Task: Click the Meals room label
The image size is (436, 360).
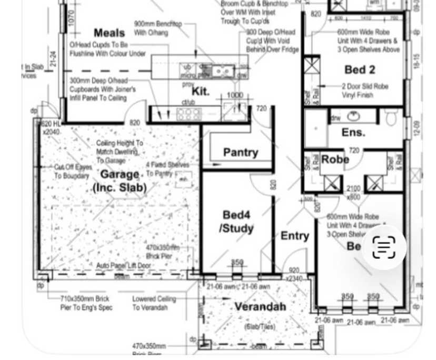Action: [109, 33]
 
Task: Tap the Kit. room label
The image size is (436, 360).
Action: [200, 91]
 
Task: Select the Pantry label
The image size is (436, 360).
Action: [240, 153]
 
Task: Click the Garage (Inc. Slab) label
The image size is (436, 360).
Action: [120, 181]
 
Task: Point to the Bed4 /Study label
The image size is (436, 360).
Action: [236, 222]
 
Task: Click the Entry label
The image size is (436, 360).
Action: [294, 235]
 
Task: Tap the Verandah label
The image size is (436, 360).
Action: [260, 306]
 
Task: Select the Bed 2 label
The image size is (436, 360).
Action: [360, 69]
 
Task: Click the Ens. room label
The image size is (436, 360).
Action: [352, 132]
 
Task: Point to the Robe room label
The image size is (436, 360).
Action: [335, 159]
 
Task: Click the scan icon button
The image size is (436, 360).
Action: [384, 247]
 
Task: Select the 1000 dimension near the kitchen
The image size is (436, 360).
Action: [235, 95]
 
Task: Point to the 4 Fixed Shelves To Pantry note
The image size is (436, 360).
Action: [167, 169]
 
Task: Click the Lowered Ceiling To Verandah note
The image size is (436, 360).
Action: [154, 303]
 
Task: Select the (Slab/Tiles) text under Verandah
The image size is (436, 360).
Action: [260, 327]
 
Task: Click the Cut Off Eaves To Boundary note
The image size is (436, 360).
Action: [73, 171]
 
